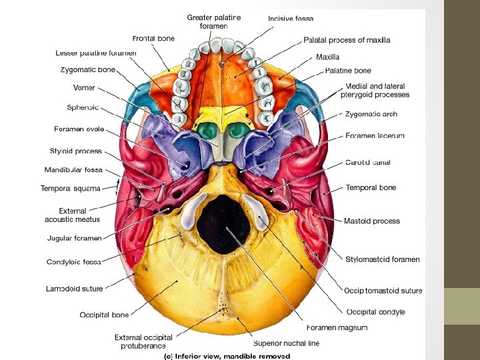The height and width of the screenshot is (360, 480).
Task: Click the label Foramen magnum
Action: click(x=337, y=327)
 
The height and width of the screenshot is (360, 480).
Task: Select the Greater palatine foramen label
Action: click(x=214, y=21)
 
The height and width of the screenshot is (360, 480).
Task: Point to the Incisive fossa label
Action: click(x=291, y=19)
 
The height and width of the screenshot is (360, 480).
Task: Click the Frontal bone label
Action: click(x=153, y=39)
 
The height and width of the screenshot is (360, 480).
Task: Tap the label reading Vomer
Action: click(x=84, y=88)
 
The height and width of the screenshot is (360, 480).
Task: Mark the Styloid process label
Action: click(x=76, y=151)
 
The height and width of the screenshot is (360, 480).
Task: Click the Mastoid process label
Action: click(x=372, y=221)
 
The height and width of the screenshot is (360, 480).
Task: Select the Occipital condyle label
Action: click(x=375, y=312)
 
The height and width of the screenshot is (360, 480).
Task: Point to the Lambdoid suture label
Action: click(x=75, y=289)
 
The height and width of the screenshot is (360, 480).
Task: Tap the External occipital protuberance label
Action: click(x=143, y=341)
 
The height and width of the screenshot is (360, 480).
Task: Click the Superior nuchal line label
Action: click(x=286, y=343)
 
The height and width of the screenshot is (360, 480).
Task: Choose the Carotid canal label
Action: click(x=368, y=162)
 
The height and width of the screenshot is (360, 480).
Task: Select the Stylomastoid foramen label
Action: click(x=383, y=259)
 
